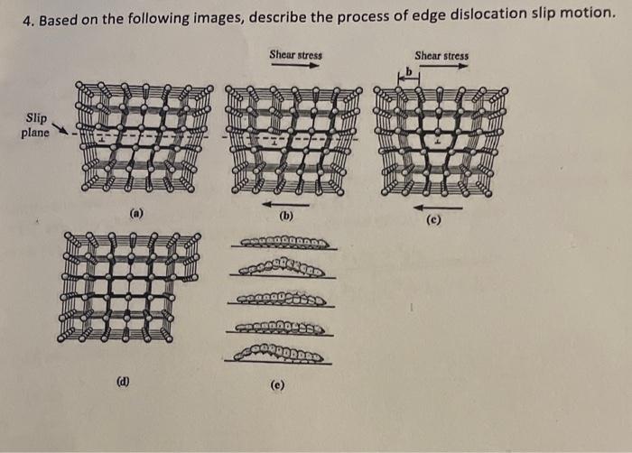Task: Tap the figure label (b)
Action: pos(286,217)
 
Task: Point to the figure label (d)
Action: pos(121,380)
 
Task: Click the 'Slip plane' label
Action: pos(36,125)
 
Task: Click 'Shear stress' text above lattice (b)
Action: pos(295,55)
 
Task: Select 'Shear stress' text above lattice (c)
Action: pos(441,56)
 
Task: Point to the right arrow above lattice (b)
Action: pos(295,66)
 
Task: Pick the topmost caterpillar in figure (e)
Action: pos(287,243)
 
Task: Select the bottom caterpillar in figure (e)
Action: pos(283,354)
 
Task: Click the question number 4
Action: pos(28,16)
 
